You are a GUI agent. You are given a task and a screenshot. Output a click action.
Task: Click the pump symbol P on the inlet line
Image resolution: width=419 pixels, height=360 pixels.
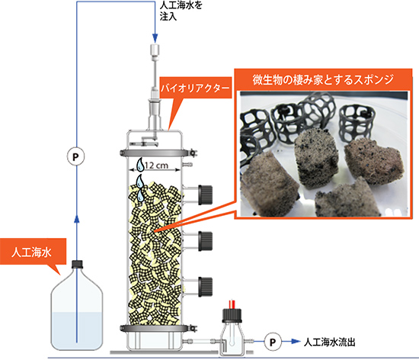(x=75, y=156)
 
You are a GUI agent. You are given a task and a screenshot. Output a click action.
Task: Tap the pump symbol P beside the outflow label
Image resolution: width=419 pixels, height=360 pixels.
(x=273, y=342)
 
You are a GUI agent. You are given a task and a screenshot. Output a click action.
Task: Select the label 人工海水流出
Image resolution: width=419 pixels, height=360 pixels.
(x=329, y=342)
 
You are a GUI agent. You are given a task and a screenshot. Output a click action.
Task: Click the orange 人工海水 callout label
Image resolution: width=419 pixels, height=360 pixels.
(x=31, y=252)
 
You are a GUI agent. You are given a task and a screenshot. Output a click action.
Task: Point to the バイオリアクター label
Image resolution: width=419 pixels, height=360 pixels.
(x=195, y=88)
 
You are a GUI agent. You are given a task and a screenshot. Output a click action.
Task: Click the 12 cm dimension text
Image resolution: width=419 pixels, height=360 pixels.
(x=156, y=166)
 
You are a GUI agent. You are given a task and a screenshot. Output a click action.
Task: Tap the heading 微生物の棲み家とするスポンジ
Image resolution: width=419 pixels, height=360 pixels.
(x=323, y=79)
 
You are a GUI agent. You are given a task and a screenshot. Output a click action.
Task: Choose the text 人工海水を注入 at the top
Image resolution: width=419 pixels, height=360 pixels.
(x=181, y=11)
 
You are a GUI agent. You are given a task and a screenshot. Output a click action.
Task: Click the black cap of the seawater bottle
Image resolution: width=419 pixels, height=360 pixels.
(x=77, y=264)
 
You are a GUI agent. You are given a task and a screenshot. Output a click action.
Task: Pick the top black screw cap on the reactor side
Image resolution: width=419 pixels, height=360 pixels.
(x=205, y=195)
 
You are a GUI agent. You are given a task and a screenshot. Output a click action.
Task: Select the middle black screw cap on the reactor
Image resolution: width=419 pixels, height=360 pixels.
(x=205, y=241)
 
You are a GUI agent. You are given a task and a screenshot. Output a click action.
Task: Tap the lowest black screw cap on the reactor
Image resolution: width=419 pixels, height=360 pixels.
(x=205, y=287)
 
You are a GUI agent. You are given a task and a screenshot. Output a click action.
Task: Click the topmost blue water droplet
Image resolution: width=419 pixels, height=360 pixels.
(x=140, y=165)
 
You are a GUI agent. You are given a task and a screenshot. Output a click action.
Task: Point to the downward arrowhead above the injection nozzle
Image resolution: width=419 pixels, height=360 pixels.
(x=155, y=37)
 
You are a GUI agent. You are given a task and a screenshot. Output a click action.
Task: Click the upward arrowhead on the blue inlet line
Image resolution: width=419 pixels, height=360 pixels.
(x=77, y=219)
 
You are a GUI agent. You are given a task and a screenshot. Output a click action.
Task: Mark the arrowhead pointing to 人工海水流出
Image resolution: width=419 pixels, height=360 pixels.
(x=296, y=341)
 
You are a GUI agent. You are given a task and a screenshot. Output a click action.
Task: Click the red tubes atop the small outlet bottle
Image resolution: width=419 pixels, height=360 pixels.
(x=232, y=304)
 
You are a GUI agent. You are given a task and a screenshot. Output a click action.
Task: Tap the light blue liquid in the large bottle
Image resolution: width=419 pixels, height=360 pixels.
(x=77, y=330)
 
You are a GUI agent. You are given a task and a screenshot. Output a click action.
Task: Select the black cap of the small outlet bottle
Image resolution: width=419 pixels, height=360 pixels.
(x=232, y=316)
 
